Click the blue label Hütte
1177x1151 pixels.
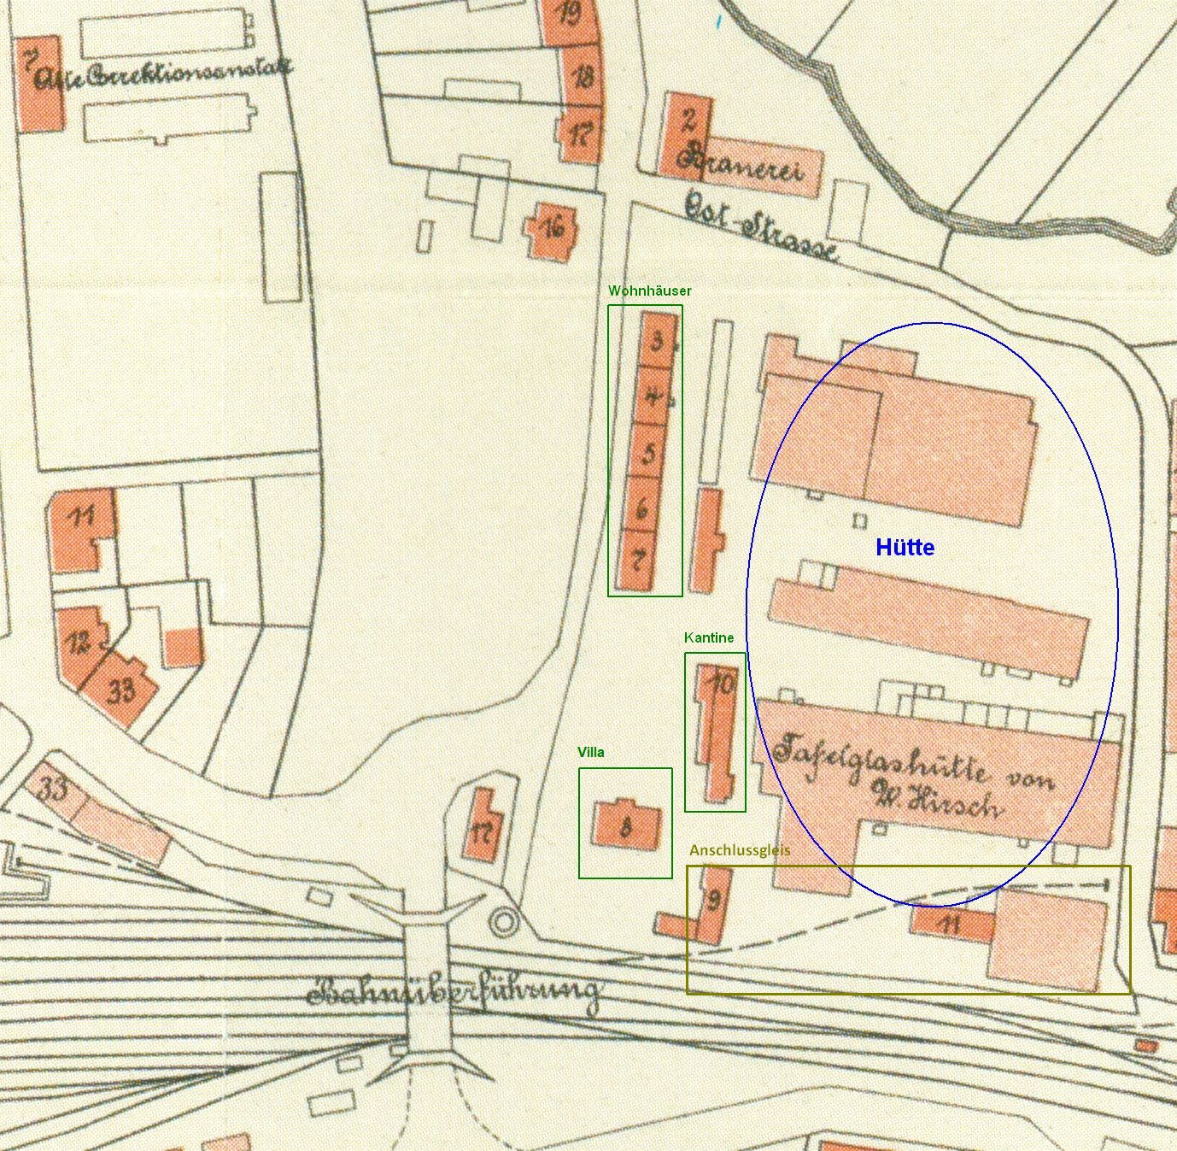[905, 548]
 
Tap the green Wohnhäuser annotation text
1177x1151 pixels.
[649, 291]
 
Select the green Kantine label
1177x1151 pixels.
[708, 637]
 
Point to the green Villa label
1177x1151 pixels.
[590, 752]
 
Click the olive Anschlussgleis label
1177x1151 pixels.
[740, 850]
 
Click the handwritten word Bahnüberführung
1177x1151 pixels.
[453, 993]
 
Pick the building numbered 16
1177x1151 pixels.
[552, 229]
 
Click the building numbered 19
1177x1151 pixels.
[568, 15]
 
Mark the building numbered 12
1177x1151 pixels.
[79, 643]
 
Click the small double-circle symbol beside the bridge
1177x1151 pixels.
[505, 922]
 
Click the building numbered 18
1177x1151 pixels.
[583, 78]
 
